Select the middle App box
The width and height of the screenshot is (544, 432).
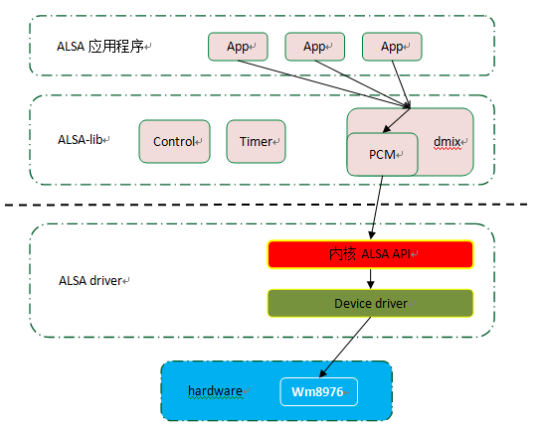coord(315,46)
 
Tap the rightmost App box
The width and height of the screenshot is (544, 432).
coord(392,46)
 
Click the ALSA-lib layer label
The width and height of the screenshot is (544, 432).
coord(83,141)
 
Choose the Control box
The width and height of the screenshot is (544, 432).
coord(175,142)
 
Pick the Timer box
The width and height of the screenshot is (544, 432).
coord(257,142)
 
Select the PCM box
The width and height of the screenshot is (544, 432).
coord(382,154)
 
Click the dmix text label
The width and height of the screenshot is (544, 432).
coord(448,142)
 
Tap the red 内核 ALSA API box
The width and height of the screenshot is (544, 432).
coord(370,254)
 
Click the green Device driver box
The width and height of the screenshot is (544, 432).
coord(370,303)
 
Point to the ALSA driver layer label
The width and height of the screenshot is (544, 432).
coord(91,281)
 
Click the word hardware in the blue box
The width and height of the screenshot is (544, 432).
coord(216,391)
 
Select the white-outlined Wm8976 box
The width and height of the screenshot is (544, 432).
coord(317,391)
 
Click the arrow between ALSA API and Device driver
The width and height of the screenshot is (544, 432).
coord(370,278)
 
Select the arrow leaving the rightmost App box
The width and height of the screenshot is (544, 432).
coord(402,81)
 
